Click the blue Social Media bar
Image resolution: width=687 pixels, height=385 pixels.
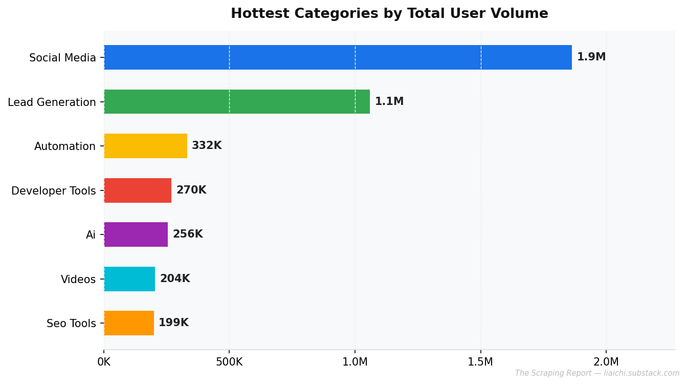coord(338,57)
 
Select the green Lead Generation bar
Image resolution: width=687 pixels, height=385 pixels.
coord(237,101)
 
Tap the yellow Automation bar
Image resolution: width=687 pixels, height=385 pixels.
coord(145,146)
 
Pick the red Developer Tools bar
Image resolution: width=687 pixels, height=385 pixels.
coord(138,190)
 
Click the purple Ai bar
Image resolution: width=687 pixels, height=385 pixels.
coord(136,234)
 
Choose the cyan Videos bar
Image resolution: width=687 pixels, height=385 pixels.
coord(129,279)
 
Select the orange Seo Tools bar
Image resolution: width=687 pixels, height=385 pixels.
coord(129,323)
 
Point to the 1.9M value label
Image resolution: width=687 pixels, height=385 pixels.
coord(591,57)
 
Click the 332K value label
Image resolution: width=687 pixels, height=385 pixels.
coord(207,145)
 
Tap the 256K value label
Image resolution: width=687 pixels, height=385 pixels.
coord(188,234)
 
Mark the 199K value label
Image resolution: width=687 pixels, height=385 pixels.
coord(173,323)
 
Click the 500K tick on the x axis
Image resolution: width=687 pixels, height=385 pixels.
coord(229,362)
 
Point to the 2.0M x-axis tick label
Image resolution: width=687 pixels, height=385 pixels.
coord(606,362)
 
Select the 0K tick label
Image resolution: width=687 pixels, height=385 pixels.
coord(104,362)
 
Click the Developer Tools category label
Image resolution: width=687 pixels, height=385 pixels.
coord(54,191)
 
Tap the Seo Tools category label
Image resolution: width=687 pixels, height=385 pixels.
coord(71,324)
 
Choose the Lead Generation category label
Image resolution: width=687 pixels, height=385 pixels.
coord(52,102)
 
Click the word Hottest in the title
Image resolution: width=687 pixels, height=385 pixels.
coord(260,13)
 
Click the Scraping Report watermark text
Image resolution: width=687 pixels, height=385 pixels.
coord(597,373)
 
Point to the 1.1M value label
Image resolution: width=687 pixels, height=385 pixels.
coord(389,101)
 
